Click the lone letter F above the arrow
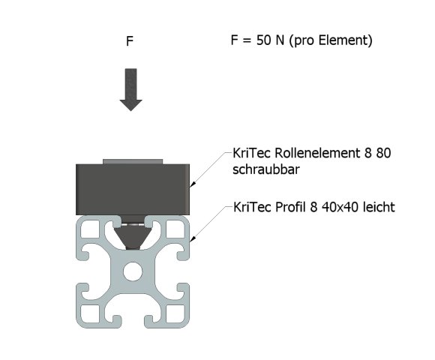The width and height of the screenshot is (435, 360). [x=130, y=42]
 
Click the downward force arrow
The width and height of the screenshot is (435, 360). [x=131, y=89]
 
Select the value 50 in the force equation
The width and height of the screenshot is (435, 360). [x=264, y=41]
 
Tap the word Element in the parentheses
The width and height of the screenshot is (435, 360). [x=343, y=41]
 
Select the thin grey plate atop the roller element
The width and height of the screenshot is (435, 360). [x=132, y=160]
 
